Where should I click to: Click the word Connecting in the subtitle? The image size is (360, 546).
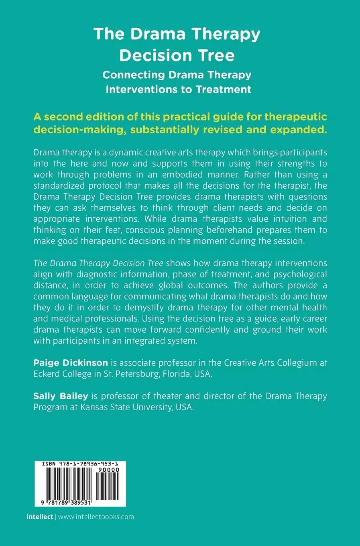point(133,75)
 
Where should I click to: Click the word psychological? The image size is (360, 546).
point(300,274)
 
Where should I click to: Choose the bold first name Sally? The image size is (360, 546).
point(44,396)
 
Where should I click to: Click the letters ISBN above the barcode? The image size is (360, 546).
point(48,464)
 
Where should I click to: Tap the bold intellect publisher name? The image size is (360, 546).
point(40,517)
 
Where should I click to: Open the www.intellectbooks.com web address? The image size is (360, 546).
point(96,517)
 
